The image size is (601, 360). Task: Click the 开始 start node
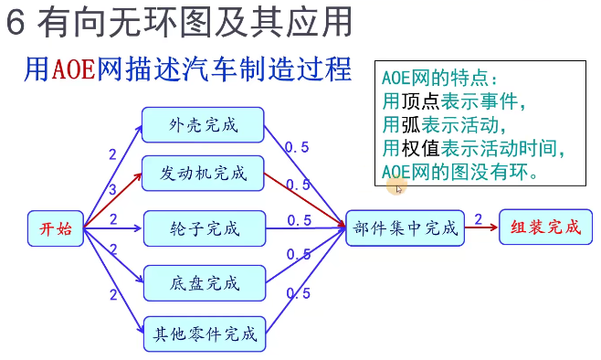(x=57, y=228)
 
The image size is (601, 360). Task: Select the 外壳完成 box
(x=203, y=124)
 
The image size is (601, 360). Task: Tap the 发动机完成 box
(x=203, y=173)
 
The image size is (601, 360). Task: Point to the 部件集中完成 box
(x=406, y=228)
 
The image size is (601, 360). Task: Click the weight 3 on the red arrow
(x=112, y=190)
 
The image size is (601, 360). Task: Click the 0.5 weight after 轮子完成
(x=299, y=220)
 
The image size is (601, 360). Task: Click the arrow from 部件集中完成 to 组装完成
(x=481, y=228)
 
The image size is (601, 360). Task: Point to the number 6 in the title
(x=16, y=23)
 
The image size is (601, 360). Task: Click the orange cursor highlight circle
(x=395, y=186)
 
